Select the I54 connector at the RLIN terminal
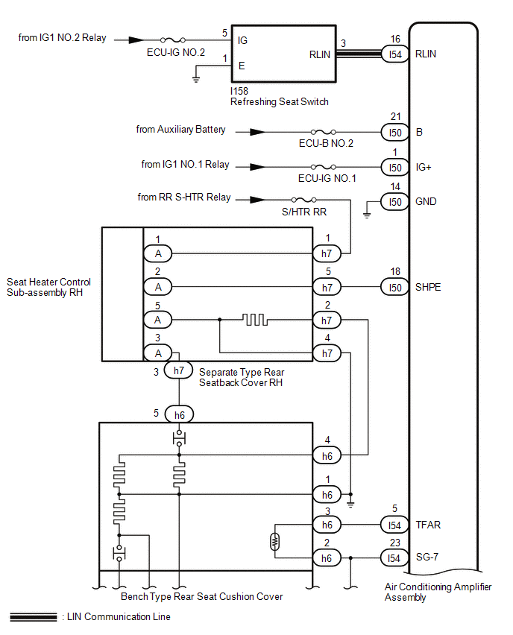pyautogui.click(x=394, y=54)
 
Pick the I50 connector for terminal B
pyautogui.click(x=394, y=132)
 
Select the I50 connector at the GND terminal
pyautogui.click(x=394, y=201)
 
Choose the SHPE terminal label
pyautogui.click(x=428, y=287)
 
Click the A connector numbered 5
pyautogui.click(x=158, y=320)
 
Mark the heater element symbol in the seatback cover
pyautogui.click(x=254, y=320)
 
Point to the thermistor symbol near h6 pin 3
pyautogui.click(x=276, y=541)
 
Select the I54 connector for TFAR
pyautogui.click(x=394, y=525)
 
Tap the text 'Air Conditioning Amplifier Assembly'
pyautogui.click(x=438, y=592)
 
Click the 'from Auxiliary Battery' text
pyautogui.click(x=180, y=130)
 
